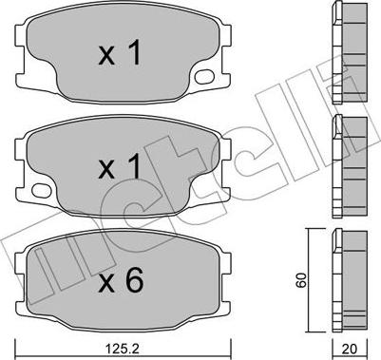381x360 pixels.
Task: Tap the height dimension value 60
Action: [x=301, y=279]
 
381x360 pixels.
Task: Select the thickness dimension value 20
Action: [x=350, y=349]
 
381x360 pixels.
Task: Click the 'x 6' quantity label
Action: [x=121, y=279]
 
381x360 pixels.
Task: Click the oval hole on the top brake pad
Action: [x=203, y=77]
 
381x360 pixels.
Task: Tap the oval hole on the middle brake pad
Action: [x=42, y=190]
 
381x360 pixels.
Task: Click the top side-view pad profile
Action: [x=350, y=52]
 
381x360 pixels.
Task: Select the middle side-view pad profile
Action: [x=350, y=166]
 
